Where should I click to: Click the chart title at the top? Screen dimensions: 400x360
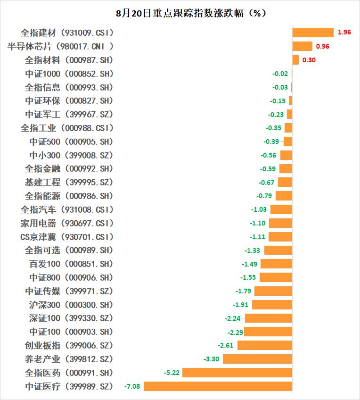coord(180,13)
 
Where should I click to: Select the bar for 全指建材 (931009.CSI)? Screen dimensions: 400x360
coord(313,33)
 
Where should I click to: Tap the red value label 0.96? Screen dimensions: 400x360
coord(322,46)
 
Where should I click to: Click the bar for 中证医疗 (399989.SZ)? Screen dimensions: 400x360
coord(218,386)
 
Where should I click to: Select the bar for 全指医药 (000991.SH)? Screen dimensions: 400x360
coord(237,373)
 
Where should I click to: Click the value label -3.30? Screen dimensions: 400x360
coord(211,359)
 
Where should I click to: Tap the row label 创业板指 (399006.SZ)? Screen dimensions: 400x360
coord(69,345)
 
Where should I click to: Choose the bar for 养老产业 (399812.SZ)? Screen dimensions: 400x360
coord(257,359)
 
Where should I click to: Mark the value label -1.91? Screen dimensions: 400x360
coord(241,305)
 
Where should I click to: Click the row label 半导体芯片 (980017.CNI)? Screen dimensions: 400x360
coord(61,46)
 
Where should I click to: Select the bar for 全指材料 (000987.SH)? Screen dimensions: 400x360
coord(295,60)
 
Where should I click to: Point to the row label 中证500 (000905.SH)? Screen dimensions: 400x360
coord(71,142)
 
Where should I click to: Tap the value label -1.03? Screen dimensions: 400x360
coord(259,209)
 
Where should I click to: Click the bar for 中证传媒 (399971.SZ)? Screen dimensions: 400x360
coord(273,291)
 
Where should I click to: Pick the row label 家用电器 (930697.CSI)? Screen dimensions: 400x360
coord(67,223)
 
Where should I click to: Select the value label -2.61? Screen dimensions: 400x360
coord(226,345)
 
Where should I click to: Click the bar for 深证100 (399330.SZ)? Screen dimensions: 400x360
coord(269,318)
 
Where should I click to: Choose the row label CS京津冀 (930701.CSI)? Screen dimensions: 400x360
coord(67,237)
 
